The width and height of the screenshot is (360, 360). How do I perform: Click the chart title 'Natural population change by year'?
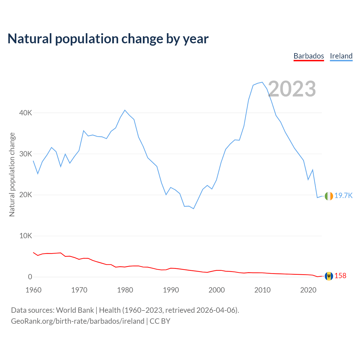(108, 39)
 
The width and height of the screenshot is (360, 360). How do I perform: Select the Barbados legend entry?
(309, 56)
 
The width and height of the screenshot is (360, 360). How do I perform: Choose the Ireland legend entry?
(341, 56)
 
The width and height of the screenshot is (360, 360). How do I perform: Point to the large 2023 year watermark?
(292, 89)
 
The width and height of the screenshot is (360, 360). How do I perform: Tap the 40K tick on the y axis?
(26, 113)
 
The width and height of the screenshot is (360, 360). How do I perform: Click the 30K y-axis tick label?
(26, 154)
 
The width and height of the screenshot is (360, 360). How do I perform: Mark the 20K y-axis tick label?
(26, 195)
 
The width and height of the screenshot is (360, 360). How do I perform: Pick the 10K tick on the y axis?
(26, 236)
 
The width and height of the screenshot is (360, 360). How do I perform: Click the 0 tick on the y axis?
(30, 277)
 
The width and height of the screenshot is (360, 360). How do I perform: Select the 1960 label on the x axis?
(33, 290)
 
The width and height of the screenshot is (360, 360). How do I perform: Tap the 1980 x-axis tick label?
(125, 290)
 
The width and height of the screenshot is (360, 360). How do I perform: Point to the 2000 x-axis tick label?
(217, 290)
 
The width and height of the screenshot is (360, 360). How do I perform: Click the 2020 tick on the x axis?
(308, 290)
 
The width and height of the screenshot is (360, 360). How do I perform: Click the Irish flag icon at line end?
(329, 196)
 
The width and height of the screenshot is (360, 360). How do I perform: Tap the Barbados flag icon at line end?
(329, 276)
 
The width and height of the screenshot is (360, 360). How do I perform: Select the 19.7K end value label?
(343, 195)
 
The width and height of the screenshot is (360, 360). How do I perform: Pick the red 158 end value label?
(340, 276)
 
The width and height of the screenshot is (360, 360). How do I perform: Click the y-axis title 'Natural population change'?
(12, 174)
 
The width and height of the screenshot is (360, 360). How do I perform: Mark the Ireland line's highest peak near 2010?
(262, 82)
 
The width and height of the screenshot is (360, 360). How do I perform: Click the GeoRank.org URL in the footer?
(78, 321)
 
